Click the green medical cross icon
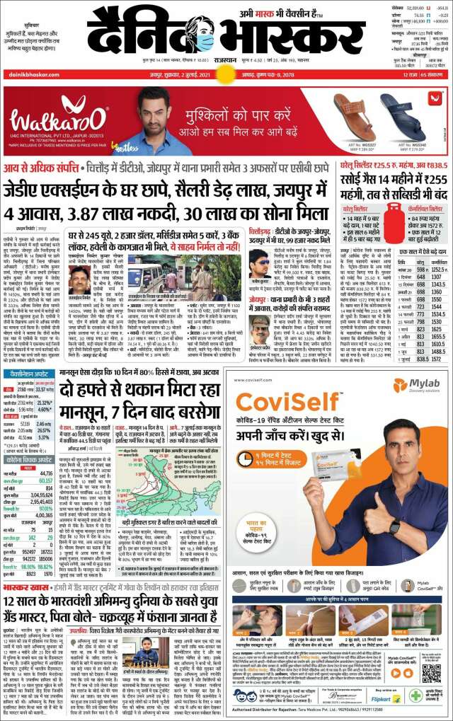pos(416,695)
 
